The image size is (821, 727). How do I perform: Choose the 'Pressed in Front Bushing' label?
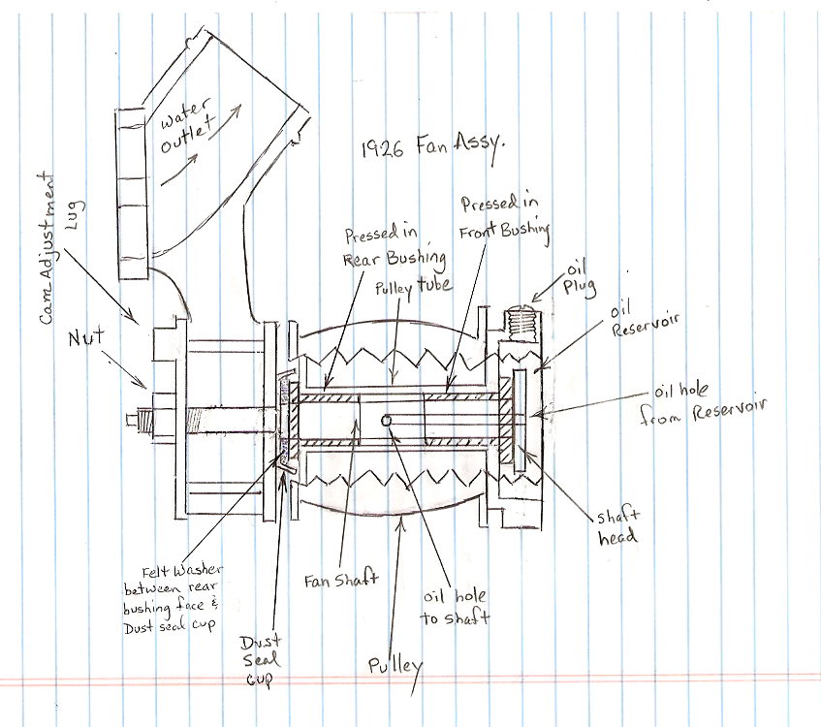[x=504, y=217]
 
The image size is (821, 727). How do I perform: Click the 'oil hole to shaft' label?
[x=457, y=606]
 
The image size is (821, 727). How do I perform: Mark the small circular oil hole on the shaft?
[x=387, y=421]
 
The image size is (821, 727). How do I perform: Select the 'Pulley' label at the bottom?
[x=395, y=667]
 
